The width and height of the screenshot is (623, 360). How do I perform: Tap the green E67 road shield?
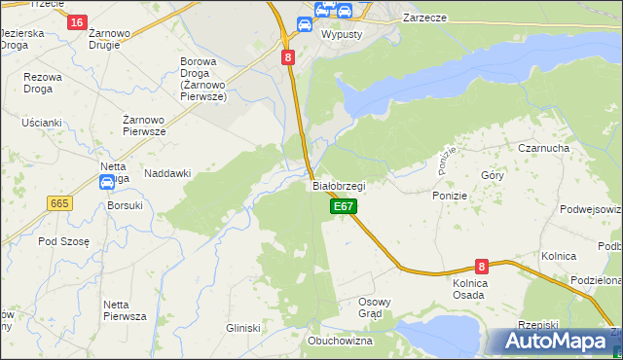tap(343, 206)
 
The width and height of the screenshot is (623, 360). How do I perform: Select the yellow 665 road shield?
tap(59, 202)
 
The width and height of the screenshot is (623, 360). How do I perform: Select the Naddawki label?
tap(167, 173)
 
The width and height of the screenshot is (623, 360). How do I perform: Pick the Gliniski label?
tap(243, 328)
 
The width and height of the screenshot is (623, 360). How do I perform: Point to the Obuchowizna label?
tap(341, 341)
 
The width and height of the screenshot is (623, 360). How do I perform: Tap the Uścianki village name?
tap(42, 123)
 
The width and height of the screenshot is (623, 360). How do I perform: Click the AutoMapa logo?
tap(552, 342)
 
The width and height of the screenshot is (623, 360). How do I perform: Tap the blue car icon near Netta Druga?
tap(107, 182)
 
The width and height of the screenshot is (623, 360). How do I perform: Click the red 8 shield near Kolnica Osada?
tap(481, 266)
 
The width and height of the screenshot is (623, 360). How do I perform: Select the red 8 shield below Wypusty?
tap(288, 57)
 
